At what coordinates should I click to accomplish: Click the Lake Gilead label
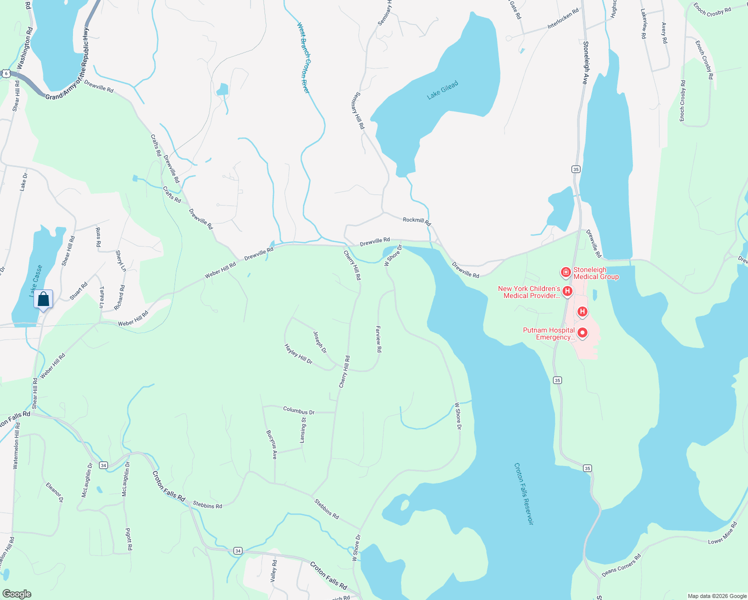tap(442, 90)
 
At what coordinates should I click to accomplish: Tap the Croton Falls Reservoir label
tap(523, 493)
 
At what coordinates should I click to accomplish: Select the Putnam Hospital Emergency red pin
tap(582, 333)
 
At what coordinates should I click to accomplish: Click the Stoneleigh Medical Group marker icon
tap(565, 272)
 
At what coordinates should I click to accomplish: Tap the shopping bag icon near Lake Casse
tap(43, 299)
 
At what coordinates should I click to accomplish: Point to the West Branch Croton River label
tap(303, 57)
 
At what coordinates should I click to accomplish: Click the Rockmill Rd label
tap(416, 220)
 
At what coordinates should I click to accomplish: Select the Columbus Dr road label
tap(298, 411)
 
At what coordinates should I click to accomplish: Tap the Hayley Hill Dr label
tap(298, 353)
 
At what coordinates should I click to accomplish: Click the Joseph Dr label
tap(319, 342)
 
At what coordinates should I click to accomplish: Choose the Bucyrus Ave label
tap(271, 444)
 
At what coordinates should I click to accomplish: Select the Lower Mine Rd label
tap(722, 533)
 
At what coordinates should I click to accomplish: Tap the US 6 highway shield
tap(6, 73)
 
